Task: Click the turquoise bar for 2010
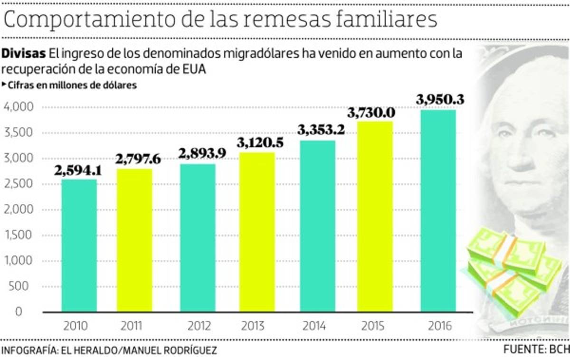click(79, 246)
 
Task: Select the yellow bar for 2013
click(257, 232)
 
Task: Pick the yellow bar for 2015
click(375, 217)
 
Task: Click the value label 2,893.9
click(202, 153)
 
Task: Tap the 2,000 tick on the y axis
click(19, 210)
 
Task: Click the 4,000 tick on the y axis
click(19, 107)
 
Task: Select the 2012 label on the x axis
click(199, 326)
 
